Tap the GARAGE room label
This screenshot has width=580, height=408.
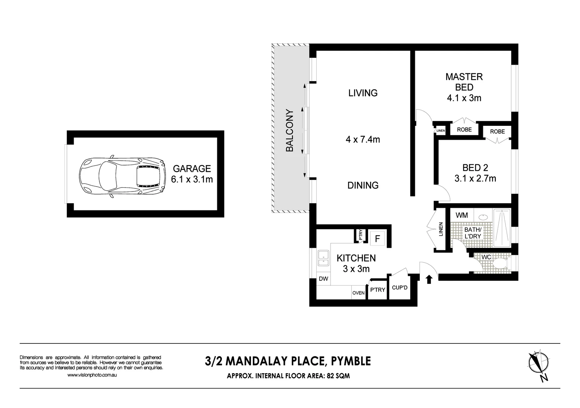192,168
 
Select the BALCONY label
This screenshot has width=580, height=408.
290,130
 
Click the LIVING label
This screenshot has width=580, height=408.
363,93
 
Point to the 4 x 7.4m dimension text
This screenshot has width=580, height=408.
363,139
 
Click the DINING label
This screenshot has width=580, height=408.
363,185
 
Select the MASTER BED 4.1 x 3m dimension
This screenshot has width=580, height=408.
464,98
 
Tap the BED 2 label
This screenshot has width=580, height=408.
475,167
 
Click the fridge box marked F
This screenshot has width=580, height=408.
377,239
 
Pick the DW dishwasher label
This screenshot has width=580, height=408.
323,279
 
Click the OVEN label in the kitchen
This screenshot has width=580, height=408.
358,293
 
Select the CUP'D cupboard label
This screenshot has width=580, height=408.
400,288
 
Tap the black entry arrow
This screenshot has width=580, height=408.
429,279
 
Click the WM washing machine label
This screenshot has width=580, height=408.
462,215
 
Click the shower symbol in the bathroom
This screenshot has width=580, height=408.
502,226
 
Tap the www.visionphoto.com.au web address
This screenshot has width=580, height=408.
92,375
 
